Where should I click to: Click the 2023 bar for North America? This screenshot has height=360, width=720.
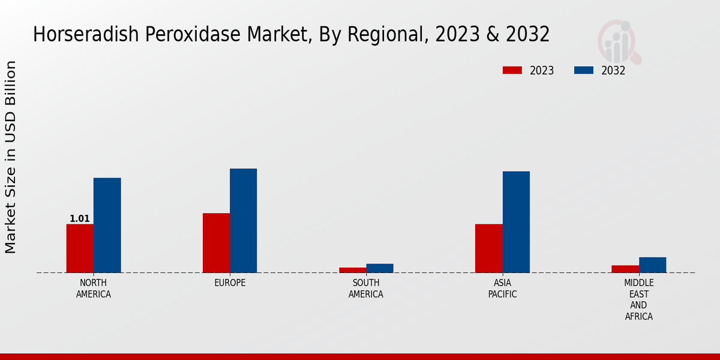coord(80,248)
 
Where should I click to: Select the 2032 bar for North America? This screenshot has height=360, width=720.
coord(107,225)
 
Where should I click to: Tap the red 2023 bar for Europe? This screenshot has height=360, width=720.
coord(216,243)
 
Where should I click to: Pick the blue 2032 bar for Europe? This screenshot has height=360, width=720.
coord(243,220)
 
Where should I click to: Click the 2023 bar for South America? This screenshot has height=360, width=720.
coord(352,270)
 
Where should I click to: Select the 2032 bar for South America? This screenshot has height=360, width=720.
coord(380,268)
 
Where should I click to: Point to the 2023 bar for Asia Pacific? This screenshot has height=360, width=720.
coord(488,248)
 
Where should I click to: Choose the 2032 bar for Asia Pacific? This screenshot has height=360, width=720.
coord(516,222)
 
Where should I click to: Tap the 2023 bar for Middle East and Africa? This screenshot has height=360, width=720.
coord(625,269)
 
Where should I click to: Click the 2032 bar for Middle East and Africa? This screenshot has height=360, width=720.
coord(652,265)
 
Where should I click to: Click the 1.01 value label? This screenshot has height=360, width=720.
coord(80,218)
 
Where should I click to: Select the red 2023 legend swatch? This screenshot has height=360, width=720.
coord(512,70)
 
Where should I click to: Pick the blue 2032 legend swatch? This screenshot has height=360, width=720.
coord(584,70)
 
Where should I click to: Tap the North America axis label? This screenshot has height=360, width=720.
coord(94,289)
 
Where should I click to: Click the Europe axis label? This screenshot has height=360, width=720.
coord(230,283)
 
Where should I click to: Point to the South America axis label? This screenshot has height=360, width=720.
coord(366,289)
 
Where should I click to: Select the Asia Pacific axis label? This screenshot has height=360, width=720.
coord(502,289)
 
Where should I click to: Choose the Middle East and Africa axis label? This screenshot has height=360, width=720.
coord(639,299)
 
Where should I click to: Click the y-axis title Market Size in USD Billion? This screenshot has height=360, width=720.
coord(11,157)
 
